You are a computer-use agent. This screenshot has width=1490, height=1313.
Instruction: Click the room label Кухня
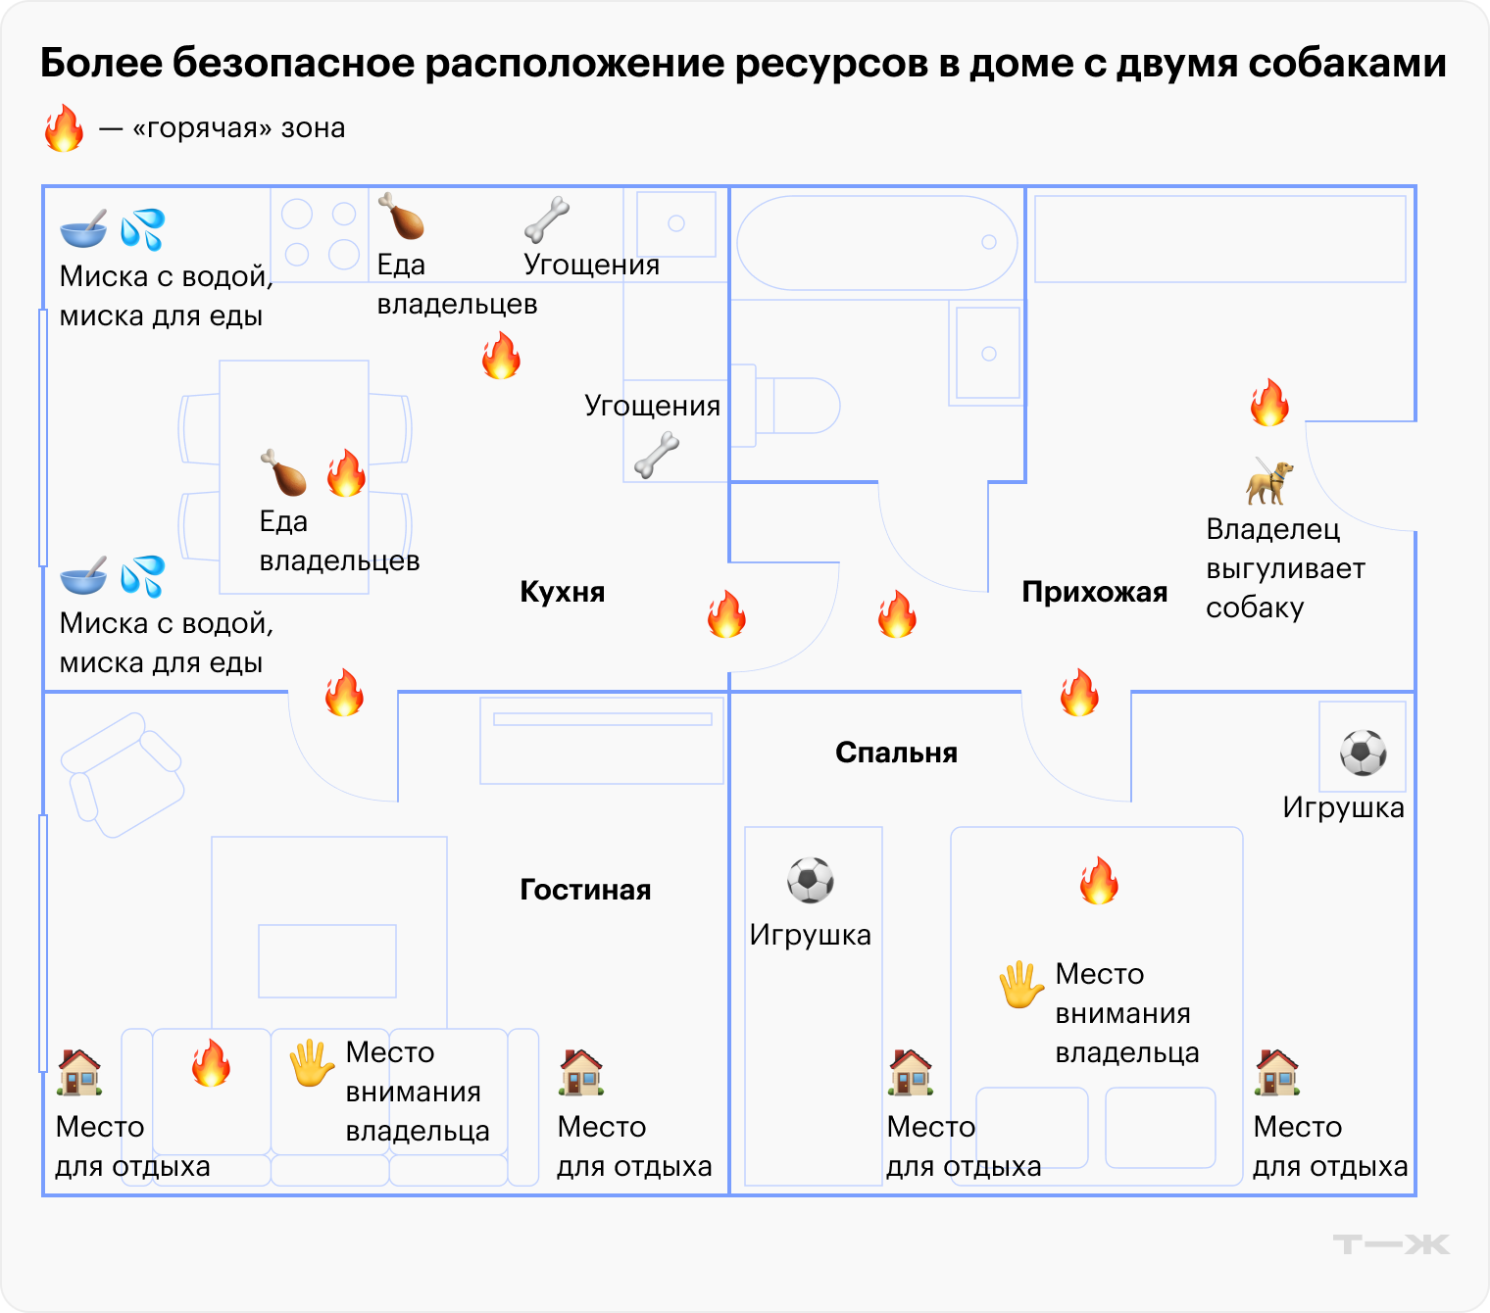coord(562,592)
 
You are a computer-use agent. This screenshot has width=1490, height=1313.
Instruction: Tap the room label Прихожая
coord(1094,592)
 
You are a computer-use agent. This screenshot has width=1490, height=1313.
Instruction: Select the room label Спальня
coord(896,753)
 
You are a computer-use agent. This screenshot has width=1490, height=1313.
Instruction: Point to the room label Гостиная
coord(585,890)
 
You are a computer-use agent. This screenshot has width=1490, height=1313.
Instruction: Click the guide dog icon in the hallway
coord(1269,480)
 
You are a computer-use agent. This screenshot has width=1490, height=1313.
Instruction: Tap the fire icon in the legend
coord(65,128)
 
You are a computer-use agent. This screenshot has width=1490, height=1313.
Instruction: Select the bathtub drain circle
coord(989,242)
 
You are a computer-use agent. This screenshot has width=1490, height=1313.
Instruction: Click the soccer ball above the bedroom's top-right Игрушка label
coord(1363,753)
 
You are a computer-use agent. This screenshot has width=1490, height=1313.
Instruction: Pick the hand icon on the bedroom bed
coord(1020,984)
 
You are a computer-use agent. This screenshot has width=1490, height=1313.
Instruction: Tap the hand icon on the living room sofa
coord(312,1063)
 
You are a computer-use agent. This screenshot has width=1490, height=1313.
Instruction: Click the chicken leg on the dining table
coord(283,472)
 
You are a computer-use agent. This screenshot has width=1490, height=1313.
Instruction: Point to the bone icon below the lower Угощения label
coord(657,456)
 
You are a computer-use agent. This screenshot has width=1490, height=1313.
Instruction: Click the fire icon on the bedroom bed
coord(1099,880)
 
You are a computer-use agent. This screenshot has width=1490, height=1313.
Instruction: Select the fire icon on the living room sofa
coord(211,1062)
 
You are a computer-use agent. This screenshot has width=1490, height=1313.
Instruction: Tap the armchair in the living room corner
coord(123,774)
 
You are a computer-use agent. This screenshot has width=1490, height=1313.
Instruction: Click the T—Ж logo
coord(1390,1244)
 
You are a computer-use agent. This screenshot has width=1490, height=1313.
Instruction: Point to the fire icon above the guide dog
coord(1269,402)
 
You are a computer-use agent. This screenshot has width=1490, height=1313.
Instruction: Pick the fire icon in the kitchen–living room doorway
coord(344,692)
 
